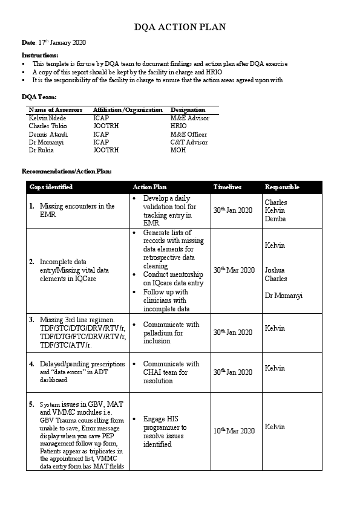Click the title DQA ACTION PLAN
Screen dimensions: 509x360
180,27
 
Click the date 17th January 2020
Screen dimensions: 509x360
62,42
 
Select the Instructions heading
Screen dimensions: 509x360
40,55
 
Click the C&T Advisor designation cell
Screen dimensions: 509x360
189,142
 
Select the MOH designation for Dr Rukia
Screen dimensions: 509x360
178,150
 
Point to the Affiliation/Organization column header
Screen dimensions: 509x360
128,110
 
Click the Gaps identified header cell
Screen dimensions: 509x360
51,187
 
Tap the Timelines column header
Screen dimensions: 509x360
227,187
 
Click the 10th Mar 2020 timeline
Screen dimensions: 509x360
234,430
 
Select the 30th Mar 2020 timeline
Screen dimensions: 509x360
234,270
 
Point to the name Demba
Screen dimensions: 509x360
276,219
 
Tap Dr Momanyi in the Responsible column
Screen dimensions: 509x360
283,296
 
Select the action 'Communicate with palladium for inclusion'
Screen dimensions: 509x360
171,332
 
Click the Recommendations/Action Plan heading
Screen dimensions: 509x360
67,172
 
